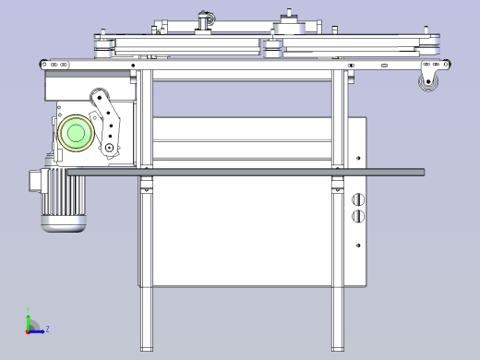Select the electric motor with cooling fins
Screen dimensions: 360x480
[x=62, y=198]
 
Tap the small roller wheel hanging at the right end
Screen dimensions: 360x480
[x=429, y=85]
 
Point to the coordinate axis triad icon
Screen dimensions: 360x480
[x=31, y=325]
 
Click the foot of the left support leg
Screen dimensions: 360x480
[x=145, y=347]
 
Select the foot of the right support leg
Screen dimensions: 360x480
[x=339, y=347]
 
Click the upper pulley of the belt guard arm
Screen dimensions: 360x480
[x=98, y=100]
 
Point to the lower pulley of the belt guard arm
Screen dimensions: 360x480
[x=110, y=147]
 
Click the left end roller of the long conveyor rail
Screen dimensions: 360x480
[x=44, y=64]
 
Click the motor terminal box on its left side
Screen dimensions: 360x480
[x=36, y=182]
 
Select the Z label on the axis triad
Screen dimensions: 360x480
[x=47, y=329]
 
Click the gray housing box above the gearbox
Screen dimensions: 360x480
[x=88, y=88]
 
